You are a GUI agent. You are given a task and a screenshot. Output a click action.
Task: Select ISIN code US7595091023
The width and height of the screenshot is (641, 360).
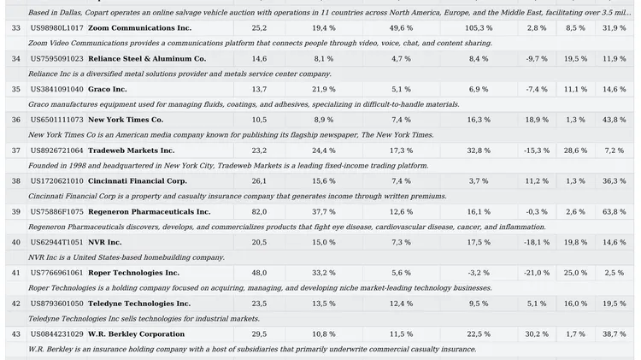(x=56, y=59)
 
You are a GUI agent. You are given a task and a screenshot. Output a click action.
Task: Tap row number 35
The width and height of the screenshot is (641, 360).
(x=15, y=89)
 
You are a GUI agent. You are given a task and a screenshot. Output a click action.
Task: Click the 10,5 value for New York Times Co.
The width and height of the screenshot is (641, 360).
(x=259, y=120)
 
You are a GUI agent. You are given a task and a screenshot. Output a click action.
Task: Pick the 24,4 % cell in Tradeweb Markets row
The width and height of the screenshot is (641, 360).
(x=324, y=150)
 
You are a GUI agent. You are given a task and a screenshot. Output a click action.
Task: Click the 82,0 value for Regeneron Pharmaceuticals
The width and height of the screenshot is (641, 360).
(x=259, y=211)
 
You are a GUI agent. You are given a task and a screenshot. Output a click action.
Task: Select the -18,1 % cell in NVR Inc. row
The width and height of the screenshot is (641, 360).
(x=536, y=242)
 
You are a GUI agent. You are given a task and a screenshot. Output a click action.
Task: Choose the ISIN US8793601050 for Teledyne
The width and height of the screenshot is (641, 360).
(x=56, y=304)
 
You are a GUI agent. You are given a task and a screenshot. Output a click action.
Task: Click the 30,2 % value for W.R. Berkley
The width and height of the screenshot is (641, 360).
(x=536, y=333)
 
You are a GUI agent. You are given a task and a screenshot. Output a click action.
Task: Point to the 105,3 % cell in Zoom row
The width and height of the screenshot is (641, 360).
(x=479, y=28)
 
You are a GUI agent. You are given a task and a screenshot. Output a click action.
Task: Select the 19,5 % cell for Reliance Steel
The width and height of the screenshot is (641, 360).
(x=575, y=59)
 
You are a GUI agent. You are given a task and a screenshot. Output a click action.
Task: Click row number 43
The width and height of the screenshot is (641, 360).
(x=15, y=333)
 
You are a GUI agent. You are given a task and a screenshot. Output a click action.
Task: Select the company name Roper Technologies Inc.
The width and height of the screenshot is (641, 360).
(x=133, y=273)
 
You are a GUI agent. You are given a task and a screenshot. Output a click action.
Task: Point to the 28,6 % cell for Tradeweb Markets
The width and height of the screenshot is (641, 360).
(x=575, y=150)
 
